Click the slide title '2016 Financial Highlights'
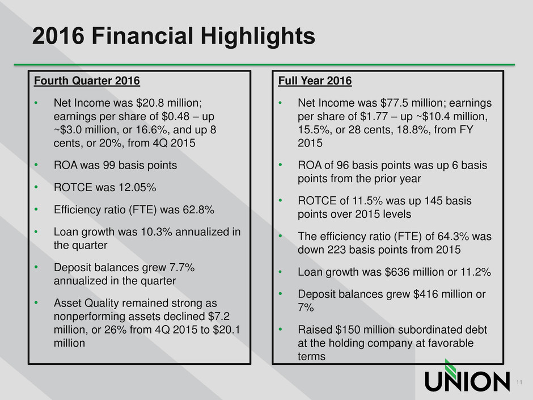pos(174,36)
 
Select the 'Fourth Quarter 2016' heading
pos(87,81)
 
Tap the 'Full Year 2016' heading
pos(315,81)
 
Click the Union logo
pos(467,376)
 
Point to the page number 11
pos(519,382)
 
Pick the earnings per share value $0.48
pos(175,116)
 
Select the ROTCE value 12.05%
pos(137,187)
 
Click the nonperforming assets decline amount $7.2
pos(219,317)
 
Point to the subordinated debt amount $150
pos(348,330)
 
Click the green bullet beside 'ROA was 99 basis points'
pos(36,165)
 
